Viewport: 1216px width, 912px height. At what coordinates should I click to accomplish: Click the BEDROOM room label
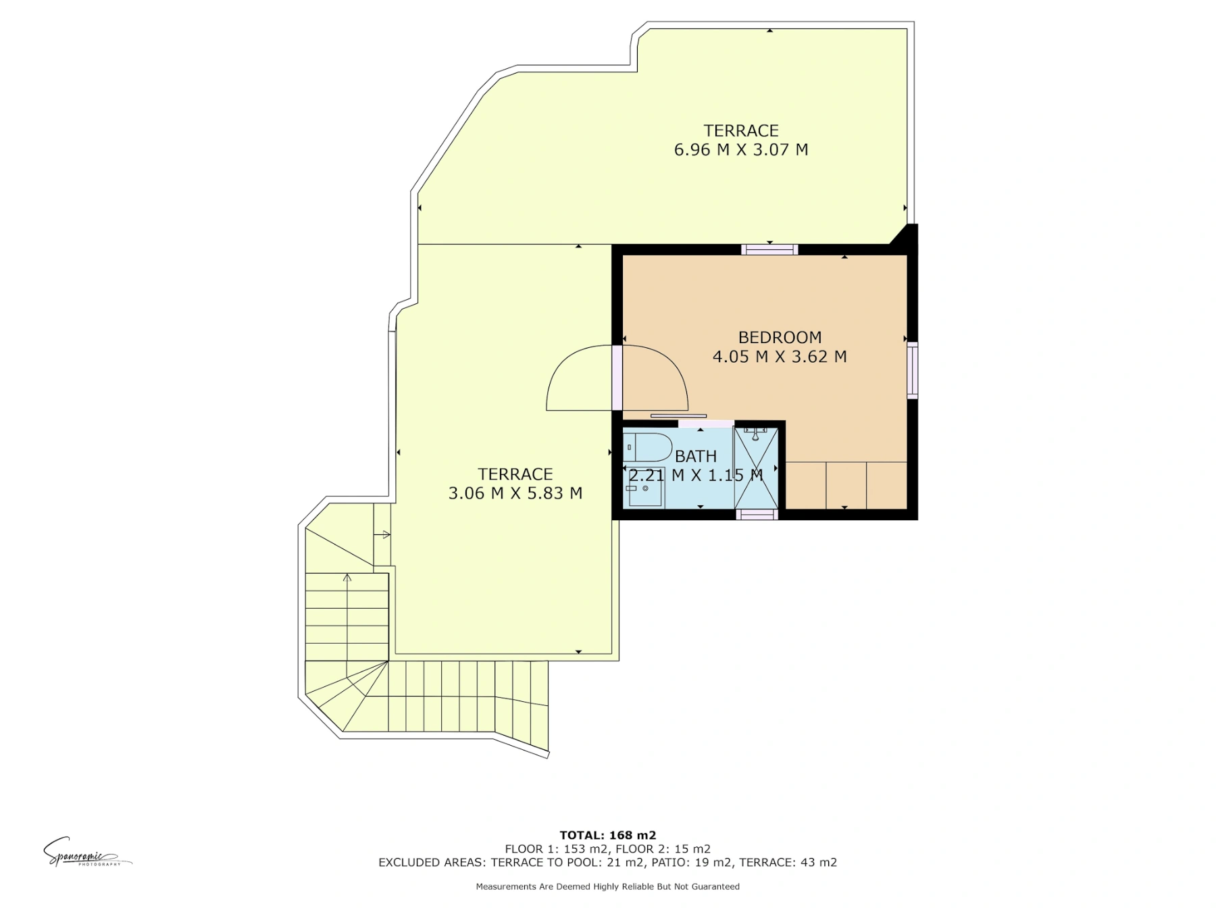click(780, 337)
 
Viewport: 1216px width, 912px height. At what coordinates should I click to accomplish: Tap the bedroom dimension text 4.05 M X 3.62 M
click(780, 356)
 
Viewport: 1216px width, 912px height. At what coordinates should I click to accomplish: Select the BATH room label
click(695, 456)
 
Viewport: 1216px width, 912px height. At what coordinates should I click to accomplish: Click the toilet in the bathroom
click(647, 447)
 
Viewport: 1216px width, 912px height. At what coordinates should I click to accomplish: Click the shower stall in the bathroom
click(756, 467)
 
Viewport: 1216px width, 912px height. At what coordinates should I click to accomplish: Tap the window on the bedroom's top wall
click(769, 250)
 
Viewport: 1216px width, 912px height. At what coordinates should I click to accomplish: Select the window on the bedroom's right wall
click(913, 370)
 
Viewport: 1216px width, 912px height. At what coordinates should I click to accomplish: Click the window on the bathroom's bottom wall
click(757, 515)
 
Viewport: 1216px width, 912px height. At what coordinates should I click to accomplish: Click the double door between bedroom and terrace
click(617, 378)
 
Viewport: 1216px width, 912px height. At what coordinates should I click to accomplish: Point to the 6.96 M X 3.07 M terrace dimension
click(741, 149)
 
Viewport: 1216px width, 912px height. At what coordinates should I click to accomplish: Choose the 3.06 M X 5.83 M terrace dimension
click(515, 493)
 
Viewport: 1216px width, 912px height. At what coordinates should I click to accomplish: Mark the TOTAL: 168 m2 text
click(608, 836)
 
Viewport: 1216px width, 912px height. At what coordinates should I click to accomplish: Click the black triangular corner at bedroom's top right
click(907, 235)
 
